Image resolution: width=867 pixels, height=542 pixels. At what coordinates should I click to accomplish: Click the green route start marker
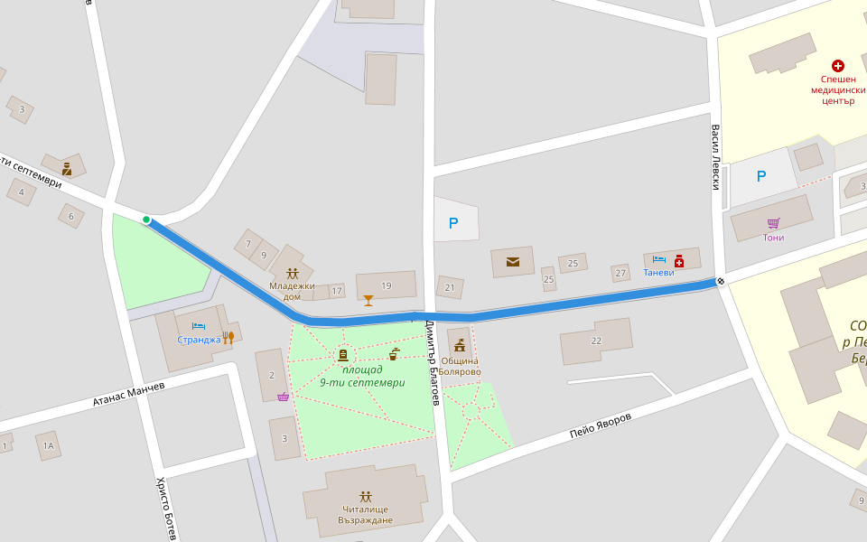click(x=146, y=220)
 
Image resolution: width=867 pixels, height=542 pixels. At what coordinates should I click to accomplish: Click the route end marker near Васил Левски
click(x=721, y=282)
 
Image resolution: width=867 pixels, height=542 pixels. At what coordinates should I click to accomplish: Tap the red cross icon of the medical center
click(x=837, y=66)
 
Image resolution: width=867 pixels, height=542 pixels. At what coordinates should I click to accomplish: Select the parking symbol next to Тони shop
click(x=760, y=177)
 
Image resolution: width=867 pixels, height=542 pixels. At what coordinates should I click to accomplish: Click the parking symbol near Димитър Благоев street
click(x=453, y=223)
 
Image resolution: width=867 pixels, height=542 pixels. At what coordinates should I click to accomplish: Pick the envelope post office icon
click(x=513, y=262)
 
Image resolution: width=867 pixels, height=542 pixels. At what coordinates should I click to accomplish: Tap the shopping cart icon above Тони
click(x=773, y=223)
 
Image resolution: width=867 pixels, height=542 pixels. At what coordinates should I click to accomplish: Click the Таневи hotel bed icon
click(x=658, y=260)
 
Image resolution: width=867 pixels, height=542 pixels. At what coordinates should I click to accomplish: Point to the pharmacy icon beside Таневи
click(x=679, y=261)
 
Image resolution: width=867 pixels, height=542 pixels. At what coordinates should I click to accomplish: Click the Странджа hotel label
click(x=199, y=340)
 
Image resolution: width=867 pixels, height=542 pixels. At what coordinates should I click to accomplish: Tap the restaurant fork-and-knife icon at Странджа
click(x=228, y=338)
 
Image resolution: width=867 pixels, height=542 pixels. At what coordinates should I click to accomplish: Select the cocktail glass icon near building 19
click(x=368, y=300)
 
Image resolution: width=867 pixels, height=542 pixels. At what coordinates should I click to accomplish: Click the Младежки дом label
click(x=292, y=291)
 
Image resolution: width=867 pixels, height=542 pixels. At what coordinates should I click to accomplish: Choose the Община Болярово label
click(x=460, y=366)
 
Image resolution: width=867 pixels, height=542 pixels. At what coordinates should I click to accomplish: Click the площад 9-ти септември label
click(x=362, y=376)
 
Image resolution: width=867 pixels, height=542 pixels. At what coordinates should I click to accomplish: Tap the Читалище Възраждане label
click(x=366, y=514)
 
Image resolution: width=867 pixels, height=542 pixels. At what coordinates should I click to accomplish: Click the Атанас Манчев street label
click(x=129, y=395)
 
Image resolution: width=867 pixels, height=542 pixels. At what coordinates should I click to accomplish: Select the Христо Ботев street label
click(x=165, y=509)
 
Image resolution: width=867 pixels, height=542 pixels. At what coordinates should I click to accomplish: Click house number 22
click(x=595, y=341)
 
